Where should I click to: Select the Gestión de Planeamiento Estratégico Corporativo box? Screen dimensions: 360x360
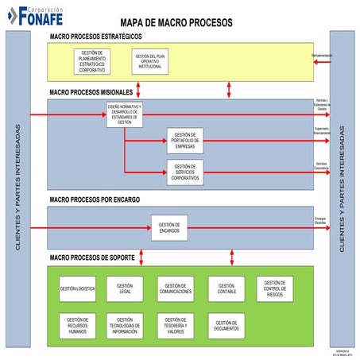[97, 61]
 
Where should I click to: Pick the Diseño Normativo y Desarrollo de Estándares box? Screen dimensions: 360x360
[124, 114]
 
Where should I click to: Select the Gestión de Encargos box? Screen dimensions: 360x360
[169, 227]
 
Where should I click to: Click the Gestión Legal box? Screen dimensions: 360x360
[125, 288]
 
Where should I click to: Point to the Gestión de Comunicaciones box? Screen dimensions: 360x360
[175, 288]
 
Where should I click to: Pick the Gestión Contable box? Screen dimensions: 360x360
[226, 288]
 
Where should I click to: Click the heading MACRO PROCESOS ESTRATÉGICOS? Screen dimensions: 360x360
[95, 37]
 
